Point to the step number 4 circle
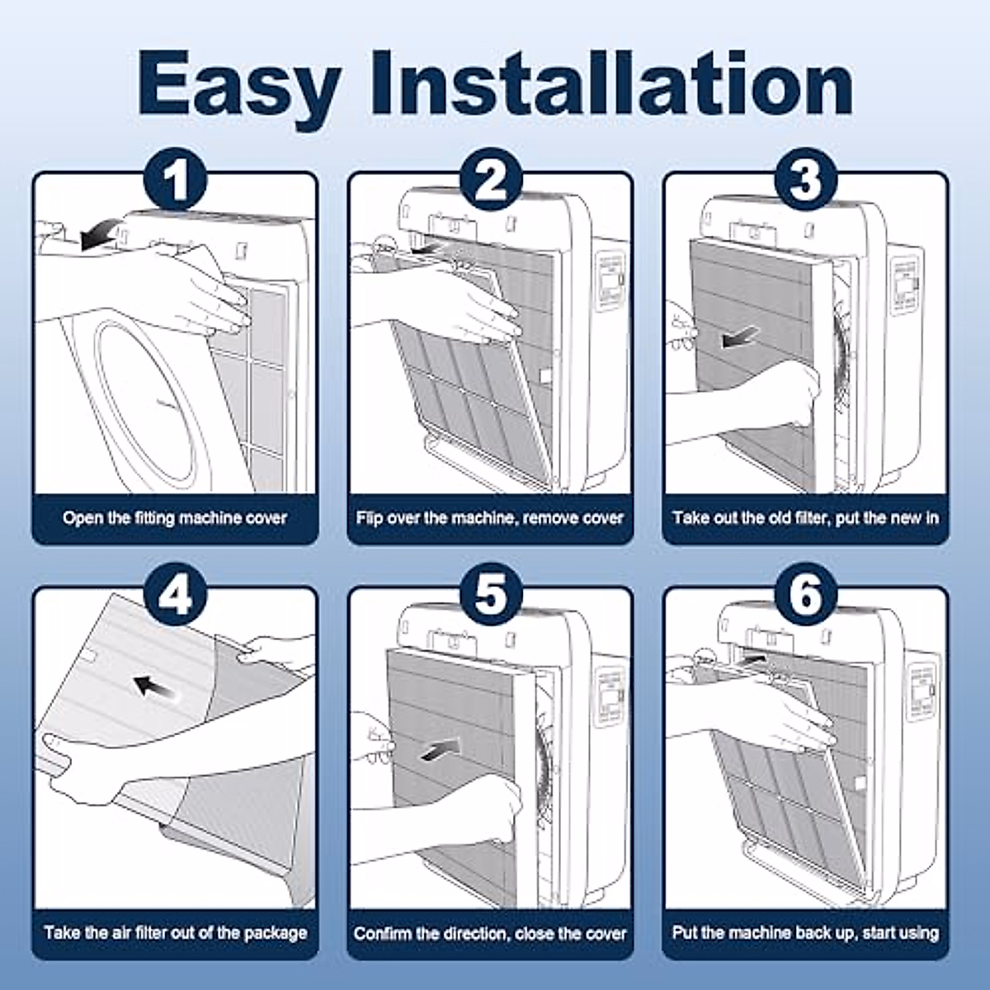pos(175,593)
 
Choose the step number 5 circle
pos(491,593)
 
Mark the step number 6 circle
pos(805,593)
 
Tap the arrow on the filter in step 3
pos(740,337)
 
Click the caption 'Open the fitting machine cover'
pos(175,518)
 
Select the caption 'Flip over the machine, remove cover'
pos(490,518)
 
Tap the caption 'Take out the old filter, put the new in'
pos(805,518)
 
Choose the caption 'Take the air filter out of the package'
pos(175,932)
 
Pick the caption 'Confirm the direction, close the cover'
pos(490,933)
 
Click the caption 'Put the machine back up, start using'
pos(805,932)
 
